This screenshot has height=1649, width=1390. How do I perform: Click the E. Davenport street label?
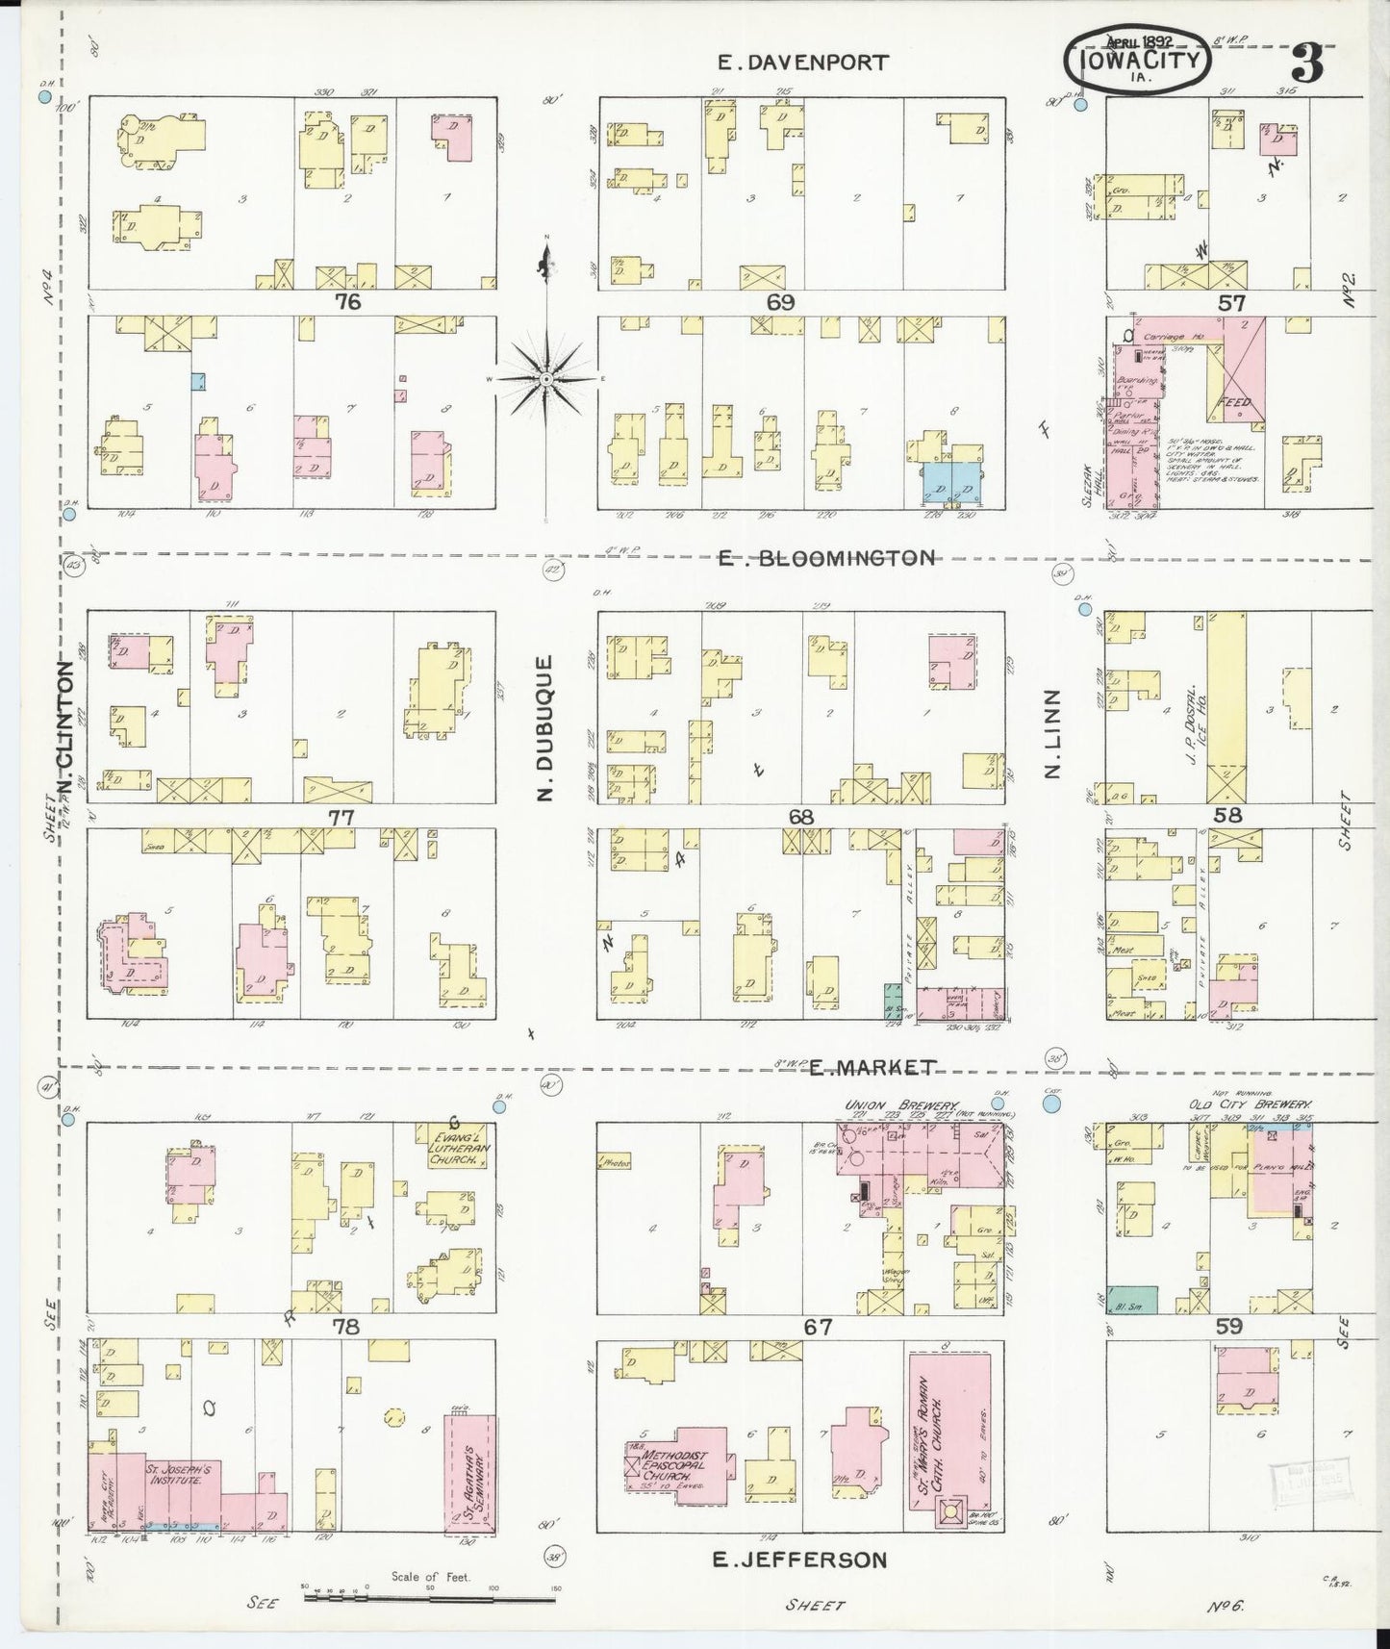[x=804, y=63]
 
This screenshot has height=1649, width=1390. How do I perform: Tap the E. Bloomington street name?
[x=826, y=558]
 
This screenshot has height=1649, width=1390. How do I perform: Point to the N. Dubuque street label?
[x=545, y=727]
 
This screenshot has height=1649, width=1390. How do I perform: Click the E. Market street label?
[x=871, y=1067]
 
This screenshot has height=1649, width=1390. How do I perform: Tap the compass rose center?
[x=545, y=379]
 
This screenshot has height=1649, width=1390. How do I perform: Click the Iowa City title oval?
[x=1137, y=59]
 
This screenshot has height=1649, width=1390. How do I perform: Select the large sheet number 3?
[x=1308, y=63]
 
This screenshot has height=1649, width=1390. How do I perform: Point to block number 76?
[x=347, y=302]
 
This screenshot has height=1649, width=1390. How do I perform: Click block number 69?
[x=780, y=302]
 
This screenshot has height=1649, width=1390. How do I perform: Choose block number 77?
[x=341, y=818]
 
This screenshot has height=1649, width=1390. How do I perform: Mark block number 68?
[x=801, y=818]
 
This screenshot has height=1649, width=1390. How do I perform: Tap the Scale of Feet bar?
[x=429, y=1600]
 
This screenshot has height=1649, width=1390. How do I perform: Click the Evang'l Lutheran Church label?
[x=453, y=1146]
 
